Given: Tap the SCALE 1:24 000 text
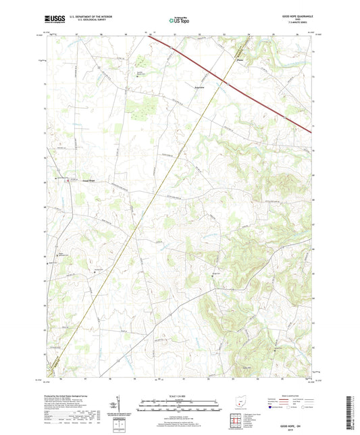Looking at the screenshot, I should pyautogui.click(x=179, y=397).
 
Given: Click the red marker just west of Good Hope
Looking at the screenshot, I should pyautogui.click(x=55, y=178).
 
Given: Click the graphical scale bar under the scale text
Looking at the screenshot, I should pyautogui.click(x=179, y=408).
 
